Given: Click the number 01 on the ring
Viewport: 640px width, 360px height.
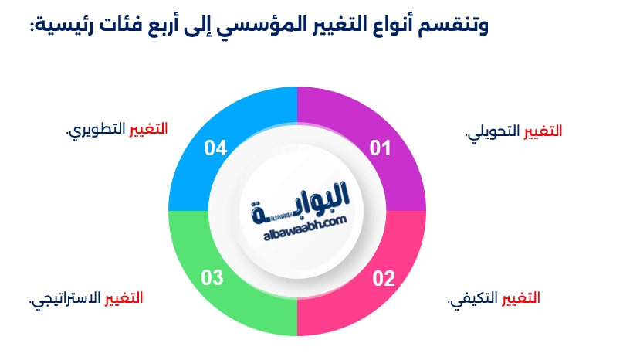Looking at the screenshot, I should pos(380,148).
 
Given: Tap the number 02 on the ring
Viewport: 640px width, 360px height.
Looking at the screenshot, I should pos(384,279).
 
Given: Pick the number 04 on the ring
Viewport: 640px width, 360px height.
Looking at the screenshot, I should pos(215,148).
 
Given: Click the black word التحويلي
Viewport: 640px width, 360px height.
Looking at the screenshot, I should pos(494,132).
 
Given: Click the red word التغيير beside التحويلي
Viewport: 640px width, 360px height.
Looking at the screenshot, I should pos(543,131).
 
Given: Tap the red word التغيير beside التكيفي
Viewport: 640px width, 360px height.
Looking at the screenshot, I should pos(522,298).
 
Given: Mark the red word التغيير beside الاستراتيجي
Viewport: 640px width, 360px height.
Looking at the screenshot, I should pos(124,298).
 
